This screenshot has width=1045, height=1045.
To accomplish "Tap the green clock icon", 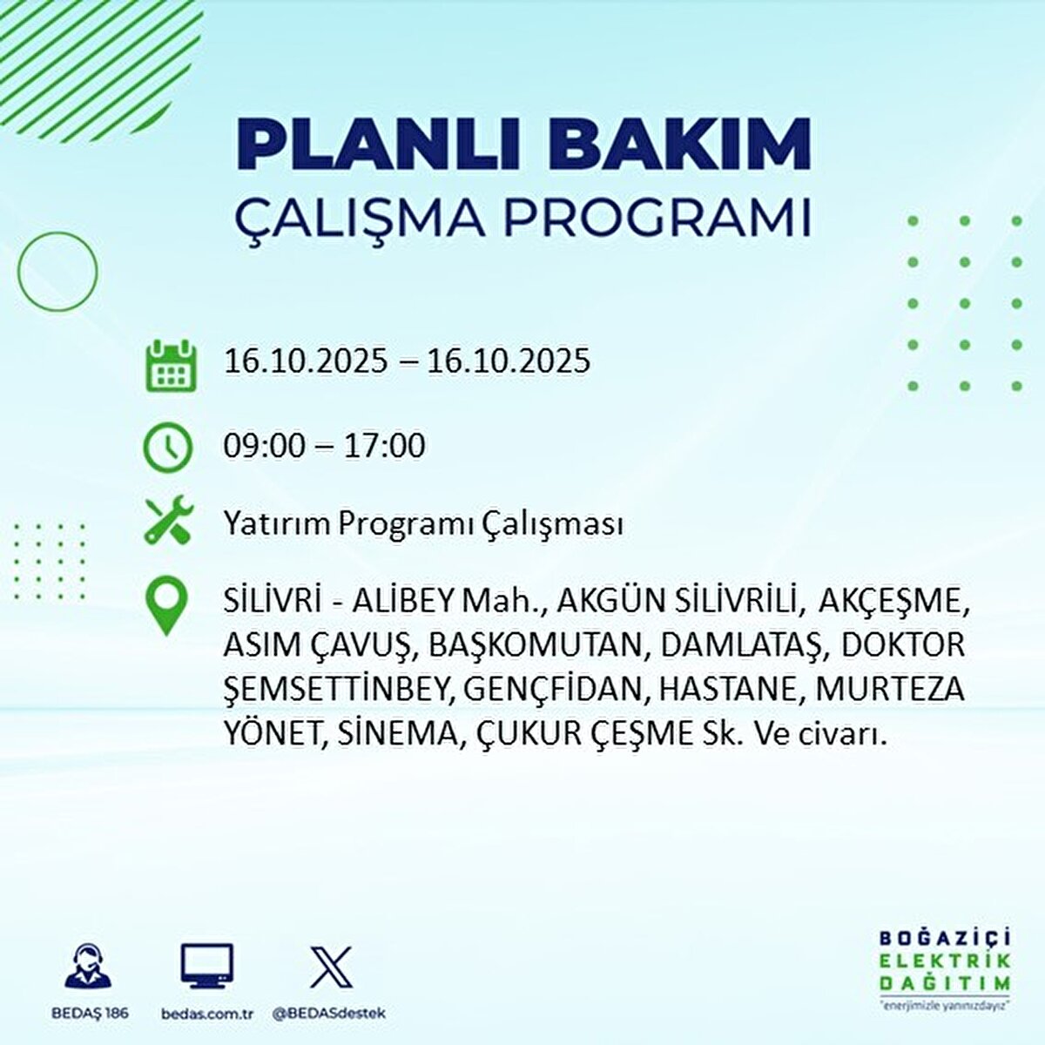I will [x=168, y=448].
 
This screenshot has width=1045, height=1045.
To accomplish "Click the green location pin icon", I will [x=167, y=608].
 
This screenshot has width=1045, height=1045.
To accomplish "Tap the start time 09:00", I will [x=265, y=447].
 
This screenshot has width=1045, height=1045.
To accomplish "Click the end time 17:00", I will [x=384, y=447].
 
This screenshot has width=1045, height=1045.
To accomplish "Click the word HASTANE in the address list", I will [x=727, y=690].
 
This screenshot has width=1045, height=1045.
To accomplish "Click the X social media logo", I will [x=332, y=967].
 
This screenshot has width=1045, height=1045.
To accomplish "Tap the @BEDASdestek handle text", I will [x=328, y=1013].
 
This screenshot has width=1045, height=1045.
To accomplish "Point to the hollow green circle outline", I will [x=57, y=272].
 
